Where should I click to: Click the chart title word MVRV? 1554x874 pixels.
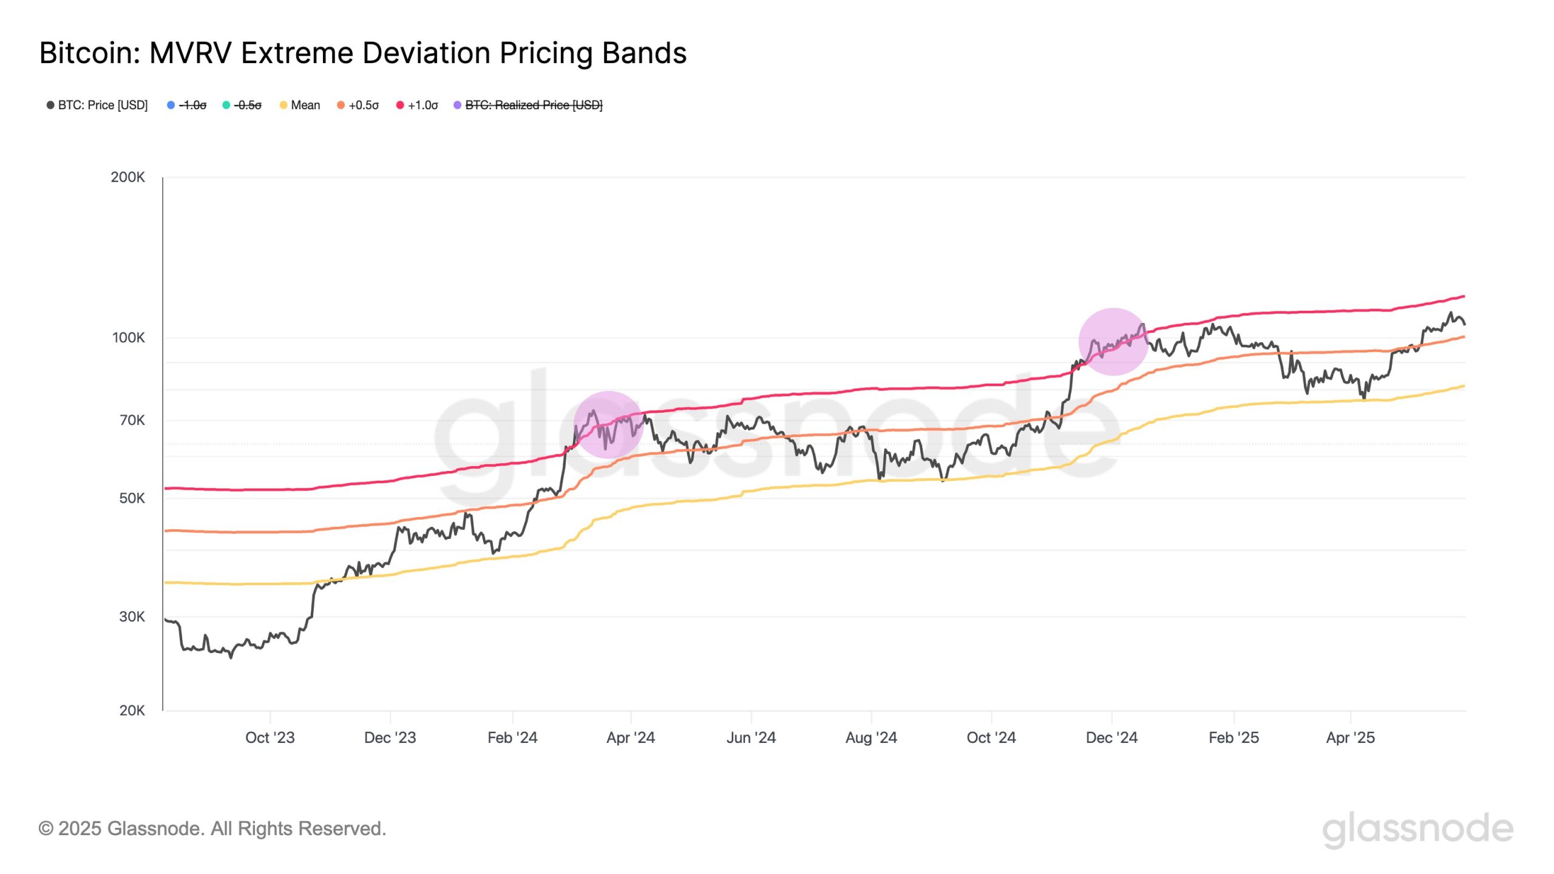(191, 53)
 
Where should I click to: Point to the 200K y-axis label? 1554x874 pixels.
(127, 177)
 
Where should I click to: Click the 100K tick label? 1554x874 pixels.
(128, 337)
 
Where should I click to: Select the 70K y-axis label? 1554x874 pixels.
(132, 420)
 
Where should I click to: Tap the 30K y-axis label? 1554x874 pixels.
(132, 617)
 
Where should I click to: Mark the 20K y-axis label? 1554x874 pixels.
(132, 710)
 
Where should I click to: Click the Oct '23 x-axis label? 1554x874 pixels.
(270, 737)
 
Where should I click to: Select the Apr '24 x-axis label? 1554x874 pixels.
(630, 737)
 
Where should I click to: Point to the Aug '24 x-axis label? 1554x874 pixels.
(870, 737)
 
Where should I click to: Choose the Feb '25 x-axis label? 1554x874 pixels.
(1233, 737)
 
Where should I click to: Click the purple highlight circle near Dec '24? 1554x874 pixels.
(1113, 342)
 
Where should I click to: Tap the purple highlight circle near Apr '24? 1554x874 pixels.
(608, 424)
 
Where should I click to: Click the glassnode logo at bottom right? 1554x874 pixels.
(1417, 829)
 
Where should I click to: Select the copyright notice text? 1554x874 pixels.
(212, 828)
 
